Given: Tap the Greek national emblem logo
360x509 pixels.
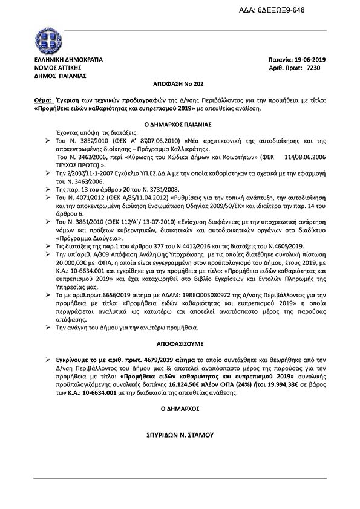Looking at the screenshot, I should [x=48, y=41].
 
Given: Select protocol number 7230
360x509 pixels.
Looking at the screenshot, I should [x=315, y=68].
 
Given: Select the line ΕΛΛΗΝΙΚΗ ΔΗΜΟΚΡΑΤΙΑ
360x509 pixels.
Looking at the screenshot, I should [x=68, y=60].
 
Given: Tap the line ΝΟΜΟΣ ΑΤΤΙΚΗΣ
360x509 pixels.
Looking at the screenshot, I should [x=57, y=68].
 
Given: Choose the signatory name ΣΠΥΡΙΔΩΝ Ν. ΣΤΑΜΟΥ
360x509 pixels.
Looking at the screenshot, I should [x=180, y=434].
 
